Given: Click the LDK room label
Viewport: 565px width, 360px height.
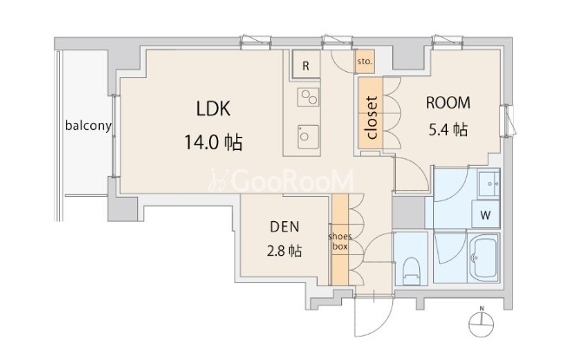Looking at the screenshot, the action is (x=214, y=108).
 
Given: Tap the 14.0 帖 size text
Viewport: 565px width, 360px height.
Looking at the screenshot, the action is (x=214, y=142).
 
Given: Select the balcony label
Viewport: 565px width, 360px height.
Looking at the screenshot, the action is (x=89, y=126).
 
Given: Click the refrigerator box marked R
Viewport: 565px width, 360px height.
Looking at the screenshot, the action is (x=305, y=66).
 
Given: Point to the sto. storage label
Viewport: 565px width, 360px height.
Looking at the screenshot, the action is (x=365, y=62).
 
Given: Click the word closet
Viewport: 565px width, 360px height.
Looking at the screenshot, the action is (x=371, y=117).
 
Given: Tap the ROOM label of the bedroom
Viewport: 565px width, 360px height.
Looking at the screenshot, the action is (x=448, y=102).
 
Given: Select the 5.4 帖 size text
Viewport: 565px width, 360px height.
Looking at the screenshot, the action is (x=448, y=129).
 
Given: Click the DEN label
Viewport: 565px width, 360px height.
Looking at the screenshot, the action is (x=285, y=226).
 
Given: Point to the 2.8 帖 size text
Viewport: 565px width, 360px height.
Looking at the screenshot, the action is (x=285, y=251).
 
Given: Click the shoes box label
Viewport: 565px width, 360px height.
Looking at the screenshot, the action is (x=340, y=241).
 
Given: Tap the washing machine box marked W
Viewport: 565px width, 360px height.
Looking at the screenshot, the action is (x=485, y=214).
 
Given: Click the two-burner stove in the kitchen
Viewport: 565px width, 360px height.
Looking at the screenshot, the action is (x=308, y=97).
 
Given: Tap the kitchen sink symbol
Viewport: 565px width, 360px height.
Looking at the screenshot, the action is (x=308, y=137).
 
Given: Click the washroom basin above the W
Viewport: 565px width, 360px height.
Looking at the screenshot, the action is (x=489, y=184).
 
